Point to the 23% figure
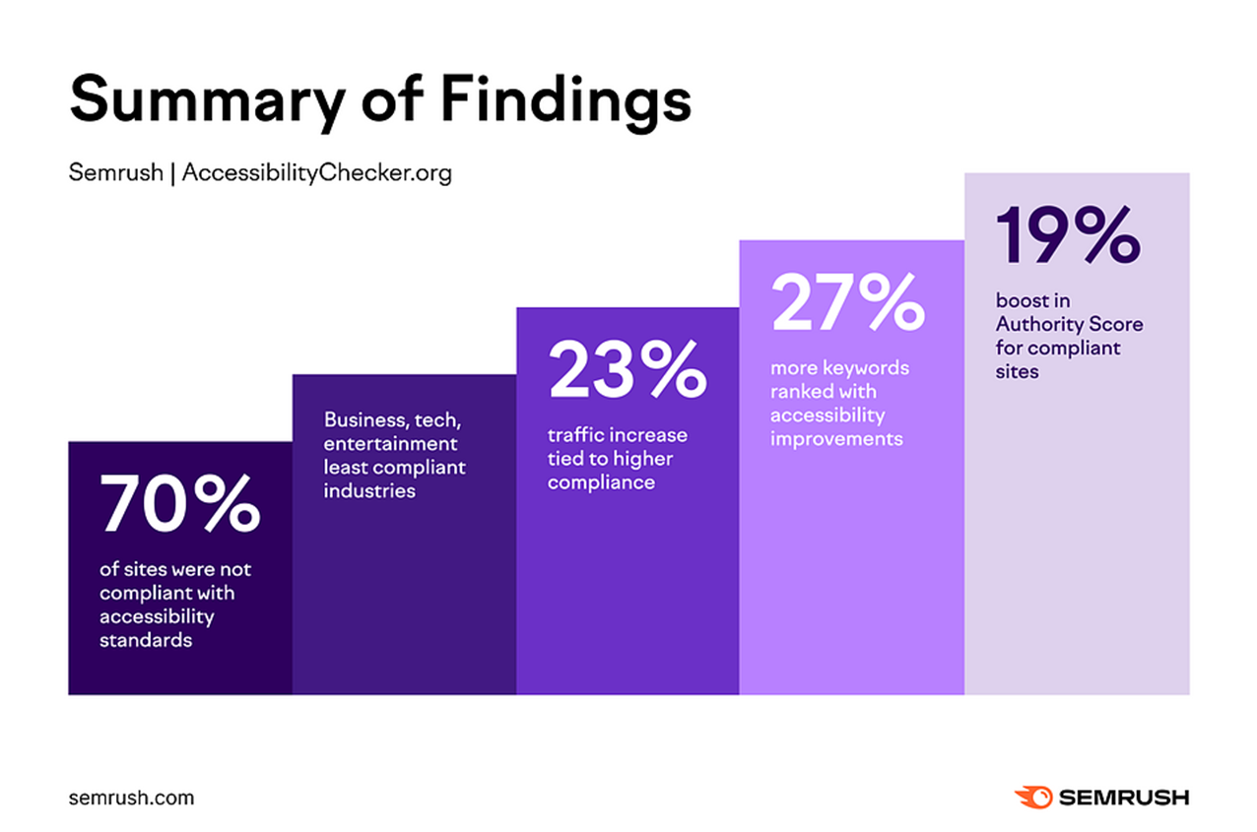[x=627, y=369]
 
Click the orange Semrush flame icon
[x=1032, y=797]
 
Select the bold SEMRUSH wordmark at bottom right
[x=1124, y=797]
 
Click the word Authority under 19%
[x=1038, y=324]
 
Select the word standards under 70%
[x=145, y=640]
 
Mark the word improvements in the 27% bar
[x=836, y=439]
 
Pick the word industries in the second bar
[x=369, y=490]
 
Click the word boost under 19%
[x=1019, y=300]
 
